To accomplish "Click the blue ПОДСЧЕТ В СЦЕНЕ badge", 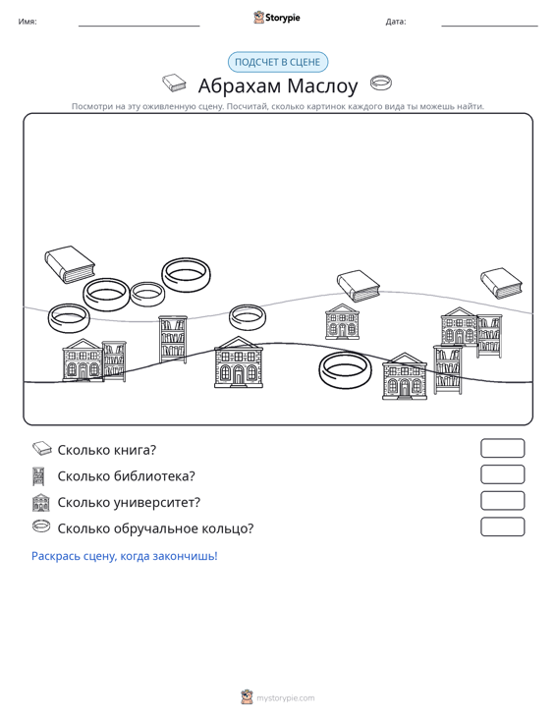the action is [x=278, y=62].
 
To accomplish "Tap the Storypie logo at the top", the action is [x=277, y=18].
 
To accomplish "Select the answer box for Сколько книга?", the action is [x=502, y=448].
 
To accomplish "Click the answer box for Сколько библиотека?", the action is [x=502, y=474].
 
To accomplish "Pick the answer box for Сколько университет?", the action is [x=502, y=501].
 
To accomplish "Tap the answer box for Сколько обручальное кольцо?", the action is [x=502, y=526].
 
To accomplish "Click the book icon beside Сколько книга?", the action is [x=42, y=449].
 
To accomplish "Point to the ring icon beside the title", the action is [x=381, y=83].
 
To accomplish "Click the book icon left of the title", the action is [x=174, y=83].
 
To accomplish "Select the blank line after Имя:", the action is [x=139, y=26].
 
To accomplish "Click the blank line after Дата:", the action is [x=489, y=26].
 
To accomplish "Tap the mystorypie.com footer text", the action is [x=286, y=698].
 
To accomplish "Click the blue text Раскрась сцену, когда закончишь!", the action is [x=125, y=556].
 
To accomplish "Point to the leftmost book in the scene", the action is [x=70, y=264].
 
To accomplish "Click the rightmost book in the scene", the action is [x=501, y=283].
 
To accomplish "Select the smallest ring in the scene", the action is [x=147, y=294].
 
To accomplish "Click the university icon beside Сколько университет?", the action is [x=41, y=502].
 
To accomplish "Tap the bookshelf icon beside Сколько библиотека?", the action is [x=38, y=476].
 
